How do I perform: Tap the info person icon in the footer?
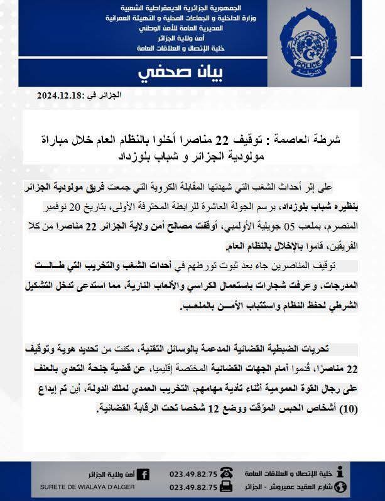coord(341,472)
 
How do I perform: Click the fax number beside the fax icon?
coord(193,487)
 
